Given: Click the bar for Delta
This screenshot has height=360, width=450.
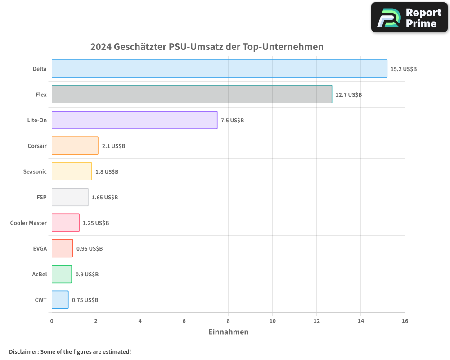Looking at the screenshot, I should (x=219, y=69).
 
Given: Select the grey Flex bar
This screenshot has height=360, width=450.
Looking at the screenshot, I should (x=192, y=94).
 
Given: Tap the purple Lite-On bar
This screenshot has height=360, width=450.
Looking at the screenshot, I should (x=135, y=120).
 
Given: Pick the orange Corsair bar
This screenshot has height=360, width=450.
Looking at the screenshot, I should (x=75, y=146).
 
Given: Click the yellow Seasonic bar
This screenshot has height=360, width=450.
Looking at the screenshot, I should (x=72, y=171).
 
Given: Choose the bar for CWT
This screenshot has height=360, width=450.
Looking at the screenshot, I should (x=60, y=300).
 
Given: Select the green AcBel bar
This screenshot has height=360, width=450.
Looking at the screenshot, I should (x=62, y=274).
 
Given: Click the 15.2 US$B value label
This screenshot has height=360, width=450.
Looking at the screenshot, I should (x=404, y=69).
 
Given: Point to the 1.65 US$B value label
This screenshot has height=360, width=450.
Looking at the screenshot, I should (x=105, y=198).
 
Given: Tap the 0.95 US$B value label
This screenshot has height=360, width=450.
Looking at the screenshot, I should (x=90, y=249).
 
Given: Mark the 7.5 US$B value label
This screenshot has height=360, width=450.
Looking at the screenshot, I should (x=232, y=121).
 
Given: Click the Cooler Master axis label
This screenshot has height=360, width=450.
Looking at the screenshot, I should (x=28, y=223).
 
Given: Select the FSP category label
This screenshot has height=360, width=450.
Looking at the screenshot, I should (x=41, y=197).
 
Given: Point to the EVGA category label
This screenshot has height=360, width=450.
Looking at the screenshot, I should (x=40, y=248).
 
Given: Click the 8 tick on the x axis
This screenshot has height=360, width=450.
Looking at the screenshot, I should (x=228, y=321).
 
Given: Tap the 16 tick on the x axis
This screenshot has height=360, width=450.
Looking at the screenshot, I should (x=405, y=321).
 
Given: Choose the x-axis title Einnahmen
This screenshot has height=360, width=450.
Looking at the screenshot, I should (x=228, y=332).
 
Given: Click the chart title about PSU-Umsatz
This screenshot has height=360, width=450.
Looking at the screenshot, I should (x=207, y=47).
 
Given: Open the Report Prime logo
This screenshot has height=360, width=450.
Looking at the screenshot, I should (x=409, y=18).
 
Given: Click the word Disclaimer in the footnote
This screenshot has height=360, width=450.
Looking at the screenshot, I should (x=23, y=351).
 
